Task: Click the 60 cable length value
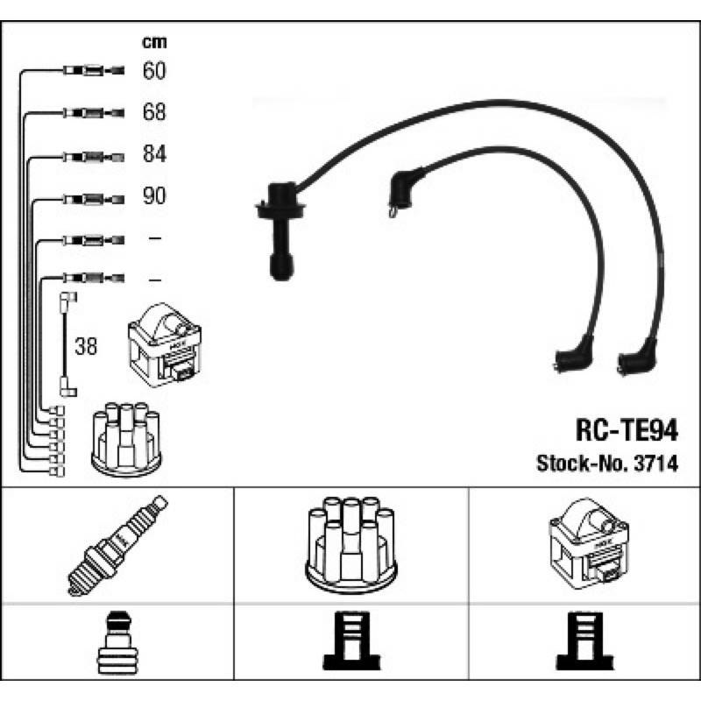pos(154,70)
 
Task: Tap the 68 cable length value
pos(154,112)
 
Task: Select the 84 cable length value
pos(154,154)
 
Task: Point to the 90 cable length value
pos(154,196)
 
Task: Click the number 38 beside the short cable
pos(86,346)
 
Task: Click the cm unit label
pos(154,41)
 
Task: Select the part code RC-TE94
pos(627,431)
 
